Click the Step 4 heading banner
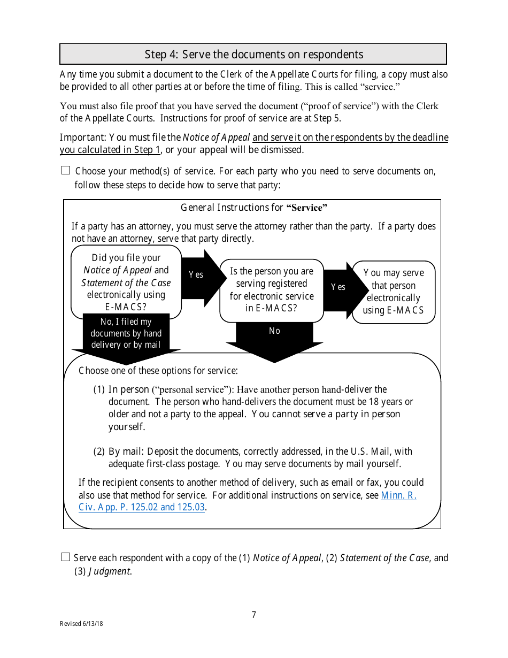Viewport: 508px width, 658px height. [x=253, y=55]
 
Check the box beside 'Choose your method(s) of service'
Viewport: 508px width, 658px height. [x=66, y=171]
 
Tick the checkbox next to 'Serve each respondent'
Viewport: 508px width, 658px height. [x=66, y=557]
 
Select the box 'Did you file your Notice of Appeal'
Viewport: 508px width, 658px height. [x=126, y=282]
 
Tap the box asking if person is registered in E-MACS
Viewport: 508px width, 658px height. [x=272, y=290]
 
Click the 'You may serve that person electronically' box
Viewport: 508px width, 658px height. [x=394, y=292]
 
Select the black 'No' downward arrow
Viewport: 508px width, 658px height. [x=274, y=337]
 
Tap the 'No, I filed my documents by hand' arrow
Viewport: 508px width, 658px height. [x=126, y=334]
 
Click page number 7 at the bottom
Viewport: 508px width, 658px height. [x=254, y=615]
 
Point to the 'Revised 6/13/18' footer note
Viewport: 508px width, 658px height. [x=81, y=624]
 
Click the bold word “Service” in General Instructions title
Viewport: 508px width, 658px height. [x=307, y=208]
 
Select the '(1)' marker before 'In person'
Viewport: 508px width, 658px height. [x=99, y=389]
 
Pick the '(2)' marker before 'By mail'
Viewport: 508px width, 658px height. [x=99, y=452]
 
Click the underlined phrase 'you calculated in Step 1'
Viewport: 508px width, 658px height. [x=110, y=150]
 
